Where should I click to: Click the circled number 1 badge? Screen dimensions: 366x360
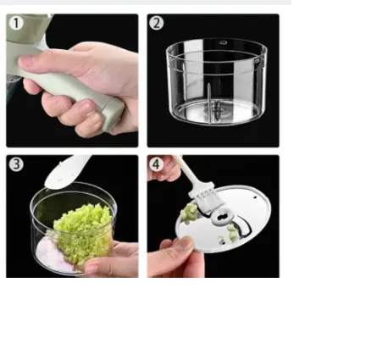tap(16, 23)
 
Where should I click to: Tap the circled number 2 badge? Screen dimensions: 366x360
tap(157, 23)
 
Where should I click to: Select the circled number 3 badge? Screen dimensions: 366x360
tap(16, 164)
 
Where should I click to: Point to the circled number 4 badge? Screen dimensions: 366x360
tap(157, 164)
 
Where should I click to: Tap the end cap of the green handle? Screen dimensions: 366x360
tap(115, 116)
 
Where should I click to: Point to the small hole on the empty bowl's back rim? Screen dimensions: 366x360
tap(224, 42)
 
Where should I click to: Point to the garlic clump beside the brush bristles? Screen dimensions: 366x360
tap(189, 213)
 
